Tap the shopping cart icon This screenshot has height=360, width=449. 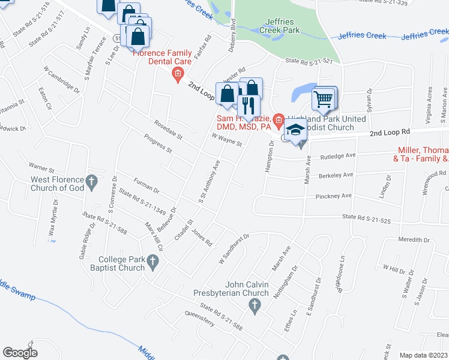click(x=324, y=98)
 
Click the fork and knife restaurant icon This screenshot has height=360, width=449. click(x=248, y=105)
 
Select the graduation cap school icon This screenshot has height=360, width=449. click(x=295, y=131)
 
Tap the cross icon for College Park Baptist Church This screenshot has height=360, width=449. click(x=153, y=261)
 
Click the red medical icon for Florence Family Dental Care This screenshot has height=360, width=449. click(x=178, y=75)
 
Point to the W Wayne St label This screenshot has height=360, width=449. click(x=226, y=140)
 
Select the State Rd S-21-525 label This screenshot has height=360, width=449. click(x=366, y=219)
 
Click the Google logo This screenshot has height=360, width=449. click(x=20, y=352)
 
